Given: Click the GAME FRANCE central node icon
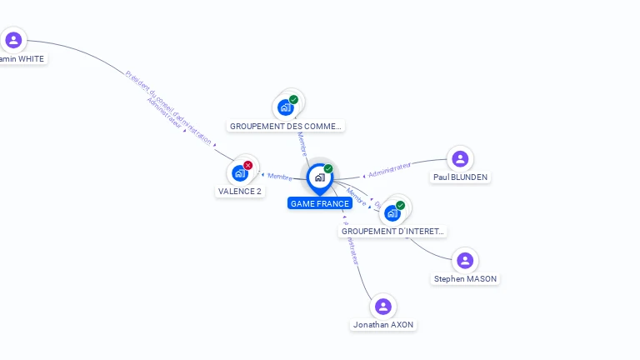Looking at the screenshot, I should (x=319, y=177).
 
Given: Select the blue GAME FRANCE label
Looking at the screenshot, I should (x=320, y=203).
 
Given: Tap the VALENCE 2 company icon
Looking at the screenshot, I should (x=240, y=173).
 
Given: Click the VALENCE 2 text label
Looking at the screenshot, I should (x=240, y=191).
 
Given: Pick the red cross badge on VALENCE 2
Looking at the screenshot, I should (x=247, y=165).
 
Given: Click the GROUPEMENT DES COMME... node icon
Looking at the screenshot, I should (x=285, y=107).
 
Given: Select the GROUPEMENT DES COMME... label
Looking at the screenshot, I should (x=286, y=126).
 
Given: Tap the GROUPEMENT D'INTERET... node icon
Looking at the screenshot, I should (x=392, y=212).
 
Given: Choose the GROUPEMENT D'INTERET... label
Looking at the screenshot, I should (x=393, y=231).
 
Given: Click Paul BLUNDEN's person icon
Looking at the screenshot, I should (x=460, y=158).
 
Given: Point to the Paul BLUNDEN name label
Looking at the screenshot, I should (x=460, y=177).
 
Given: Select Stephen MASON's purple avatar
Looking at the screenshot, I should (x=465, y=261).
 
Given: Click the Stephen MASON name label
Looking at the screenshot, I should (x=466, y=278).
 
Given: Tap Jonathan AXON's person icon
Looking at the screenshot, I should (x=383, y=307).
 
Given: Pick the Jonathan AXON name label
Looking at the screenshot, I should (x=383, y=324).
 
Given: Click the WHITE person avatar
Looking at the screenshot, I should (x=13, y=40).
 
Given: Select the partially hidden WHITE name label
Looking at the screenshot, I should (x=22, y=58).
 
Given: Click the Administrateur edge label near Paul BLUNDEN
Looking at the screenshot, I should (x=390, y=170).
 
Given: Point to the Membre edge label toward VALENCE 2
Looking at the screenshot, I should (x=280, y=177).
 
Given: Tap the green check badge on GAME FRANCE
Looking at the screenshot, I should (x=328, y=168).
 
